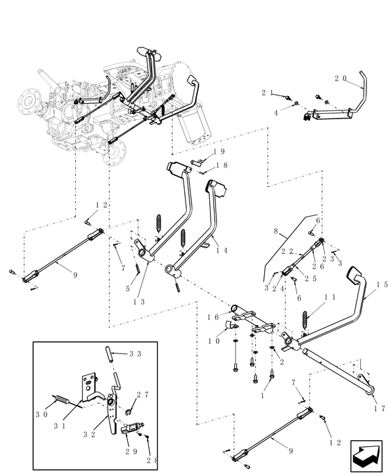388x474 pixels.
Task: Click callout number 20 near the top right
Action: [339, 79]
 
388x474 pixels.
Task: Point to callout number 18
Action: [220, 165]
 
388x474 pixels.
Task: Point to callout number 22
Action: [286, 251]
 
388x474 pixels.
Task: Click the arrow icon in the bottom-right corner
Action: [366, 455]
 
